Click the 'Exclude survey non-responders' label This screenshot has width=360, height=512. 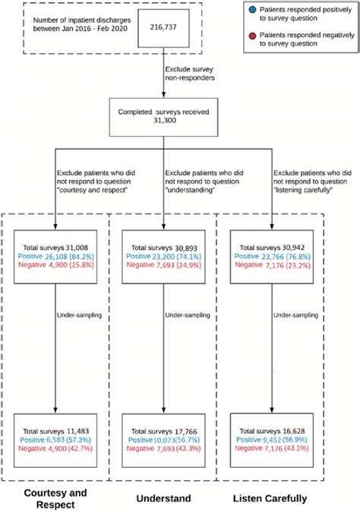tap(192, 74)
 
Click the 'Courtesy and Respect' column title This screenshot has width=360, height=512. tap(55, 498)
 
